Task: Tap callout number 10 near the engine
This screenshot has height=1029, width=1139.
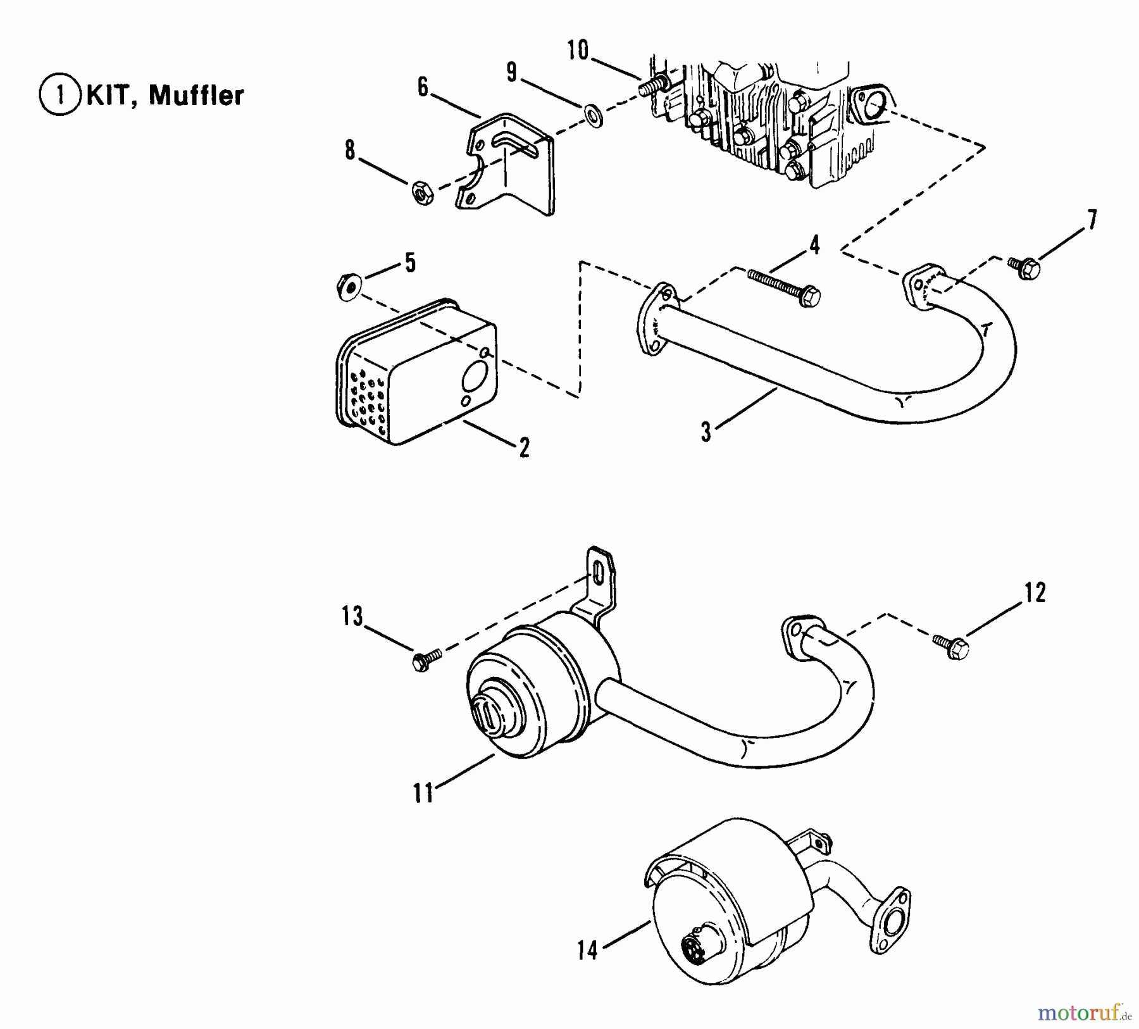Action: pos(578,51)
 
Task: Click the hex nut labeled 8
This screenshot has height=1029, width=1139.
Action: pos(422,192)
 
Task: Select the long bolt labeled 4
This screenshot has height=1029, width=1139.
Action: pos(784,287)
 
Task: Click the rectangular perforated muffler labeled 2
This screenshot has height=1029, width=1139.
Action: pos(418,373)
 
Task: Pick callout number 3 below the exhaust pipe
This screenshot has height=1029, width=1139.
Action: pos(706,432)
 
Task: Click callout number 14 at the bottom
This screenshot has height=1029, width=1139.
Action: pos(587,950)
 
